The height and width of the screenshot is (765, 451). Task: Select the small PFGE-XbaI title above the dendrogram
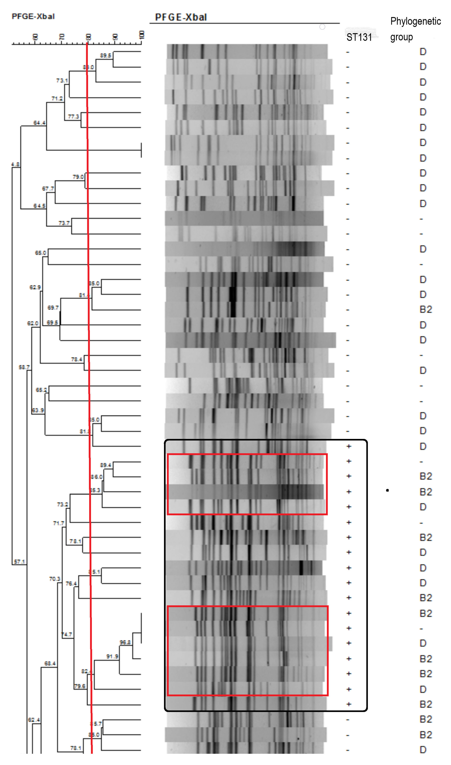click(x=33, y=16)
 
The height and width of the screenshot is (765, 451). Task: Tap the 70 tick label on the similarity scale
click(x=62, y=37)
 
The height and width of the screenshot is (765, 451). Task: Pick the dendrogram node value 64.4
click(x=39, y=123)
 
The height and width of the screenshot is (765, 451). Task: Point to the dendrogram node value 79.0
click(x=78, y=177)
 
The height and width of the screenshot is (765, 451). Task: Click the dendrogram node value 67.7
click(x=48, y=189)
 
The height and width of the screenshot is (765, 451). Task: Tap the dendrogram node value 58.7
click(x=24, y=367)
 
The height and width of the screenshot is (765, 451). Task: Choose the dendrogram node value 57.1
click(x=19, y=562)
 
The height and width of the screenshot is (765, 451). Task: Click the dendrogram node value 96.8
click(x=125, y=642)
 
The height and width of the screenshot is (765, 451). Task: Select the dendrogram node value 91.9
click(x=112, y=656)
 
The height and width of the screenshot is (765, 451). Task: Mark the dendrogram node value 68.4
click(x=50, y=663)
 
